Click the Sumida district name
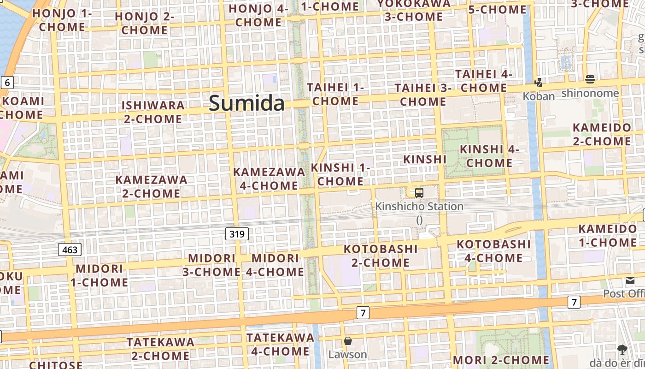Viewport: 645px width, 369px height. [247, 103]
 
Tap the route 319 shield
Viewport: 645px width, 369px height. [237, 234]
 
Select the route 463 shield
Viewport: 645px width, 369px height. [70, 250]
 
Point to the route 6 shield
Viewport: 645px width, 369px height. [7, 83]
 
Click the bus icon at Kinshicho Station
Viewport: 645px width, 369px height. [419, 193]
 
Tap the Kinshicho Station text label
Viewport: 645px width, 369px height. [419, 206]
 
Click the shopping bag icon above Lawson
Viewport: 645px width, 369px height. [348, 341]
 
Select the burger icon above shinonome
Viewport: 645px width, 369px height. [590, 79]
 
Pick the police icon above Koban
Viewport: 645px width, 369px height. [538, 83]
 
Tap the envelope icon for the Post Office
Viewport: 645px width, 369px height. [630, 280]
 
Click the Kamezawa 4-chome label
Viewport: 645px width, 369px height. [269, 179]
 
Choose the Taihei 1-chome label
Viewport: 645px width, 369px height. [335, 94]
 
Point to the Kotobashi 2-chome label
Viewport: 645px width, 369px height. [381, 256]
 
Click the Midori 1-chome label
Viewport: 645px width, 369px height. [100, 275]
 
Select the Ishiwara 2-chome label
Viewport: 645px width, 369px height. [153, 112]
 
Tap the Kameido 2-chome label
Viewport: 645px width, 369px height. [602, 134]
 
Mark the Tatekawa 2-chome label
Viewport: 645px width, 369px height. [160, 349]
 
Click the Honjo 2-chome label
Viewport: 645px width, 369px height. [144, 23]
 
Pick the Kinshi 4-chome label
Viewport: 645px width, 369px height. [489, 156]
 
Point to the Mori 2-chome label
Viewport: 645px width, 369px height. [501, 360]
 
